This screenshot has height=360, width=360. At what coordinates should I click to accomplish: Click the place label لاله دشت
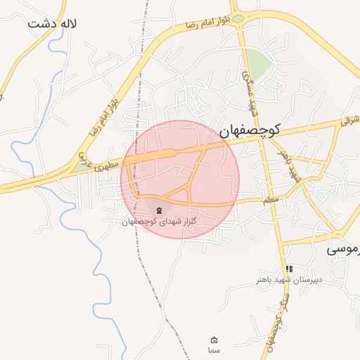(x=52, y=23)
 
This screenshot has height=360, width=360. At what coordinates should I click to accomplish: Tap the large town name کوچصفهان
(x=250, y=129)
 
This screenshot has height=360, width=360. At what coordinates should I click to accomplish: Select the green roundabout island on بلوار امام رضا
(x=238, y=18)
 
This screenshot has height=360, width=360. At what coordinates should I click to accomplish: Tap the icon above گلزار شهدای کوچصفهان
(x=159, y=210)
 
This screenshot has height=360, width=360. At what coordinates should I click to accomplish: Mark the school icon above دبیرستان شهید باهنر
(x=288, y=269)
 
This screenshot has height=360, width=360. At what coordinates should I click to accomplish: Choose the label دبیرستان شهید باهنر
(x=288, y=280)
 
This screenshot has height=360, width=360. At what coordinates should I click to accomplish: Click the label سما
(x=214, y=349)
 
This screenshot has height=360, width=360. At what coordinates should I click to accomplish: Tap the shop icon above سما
(x=214, y=340)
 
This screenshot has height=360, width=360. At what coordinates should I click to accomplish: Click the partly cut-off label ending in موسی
(x=346, y=248)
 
